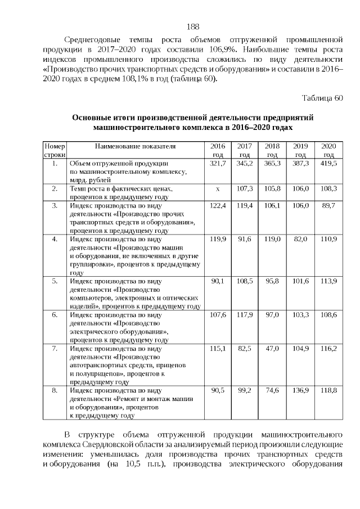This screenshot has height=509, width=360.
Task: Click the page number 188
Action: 192,26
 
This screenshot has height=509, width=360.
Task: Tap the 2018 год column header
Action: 272,150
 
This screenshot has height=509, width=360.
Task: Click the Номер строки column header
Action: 55,150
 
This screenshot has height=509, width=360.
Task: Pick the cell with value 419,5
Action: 328,163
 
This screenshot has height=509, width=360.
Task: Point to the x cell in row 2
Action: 217,189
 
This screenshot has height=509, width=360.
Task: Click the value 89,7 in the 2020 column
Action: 328,206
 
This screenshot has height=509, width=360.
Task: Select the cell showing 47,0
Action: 272,349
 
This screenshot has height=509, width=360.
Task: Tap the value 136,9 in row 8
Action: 300,390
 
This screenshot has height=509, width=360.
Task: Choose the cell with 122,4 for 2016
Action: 217,206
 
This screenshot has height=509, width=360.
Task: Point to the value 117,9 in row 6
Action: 245,315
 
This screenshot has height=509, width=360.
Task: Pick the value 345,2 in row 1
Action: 245,163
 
